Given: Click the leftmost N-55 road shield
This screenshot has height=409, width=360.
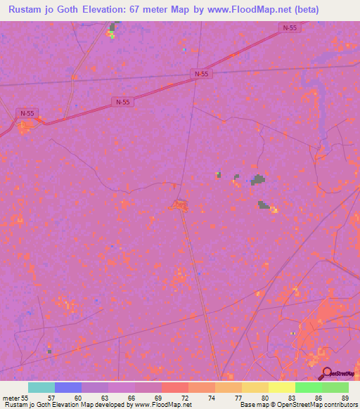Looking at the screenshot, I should (x=27, y=113).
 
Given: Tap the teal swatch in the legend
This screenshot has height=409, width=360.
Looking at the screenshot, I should (x=41, y=387).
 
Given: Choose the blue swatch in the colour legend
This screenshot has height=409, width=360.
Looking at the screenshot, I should (x=68, y=387).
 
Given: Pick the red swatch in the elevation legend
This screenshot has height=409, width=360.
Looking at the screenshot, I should (x=175, y=387).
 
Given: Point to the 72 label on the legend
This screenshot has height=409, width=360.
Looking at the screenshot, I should (x=184, y=398).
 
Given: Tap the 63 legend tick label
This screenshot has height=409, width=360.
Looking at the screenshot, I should (x=104, y=398).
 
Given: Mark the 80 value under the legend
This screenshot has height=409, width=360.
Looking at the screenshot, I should (x=264, y=398).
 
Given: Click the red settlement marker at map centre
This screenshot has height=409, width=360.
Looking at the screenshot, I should (x=179, y=205).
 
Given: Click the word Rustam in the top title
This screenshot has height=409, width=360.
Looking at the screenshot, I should (x=28, y=10).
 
